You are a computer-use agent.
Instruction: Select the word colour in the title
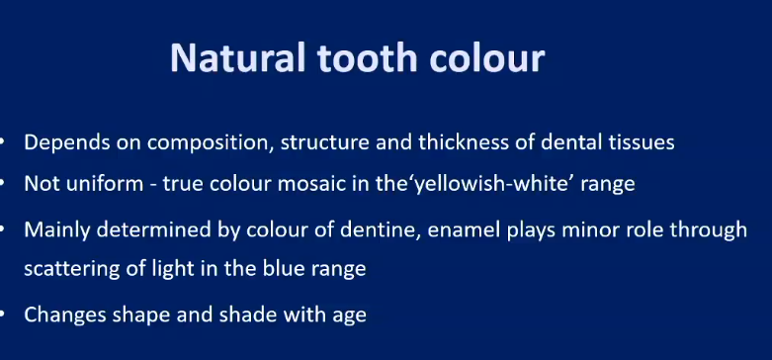point(478,57)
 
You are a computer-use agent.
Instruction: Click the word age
point(347,316)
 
